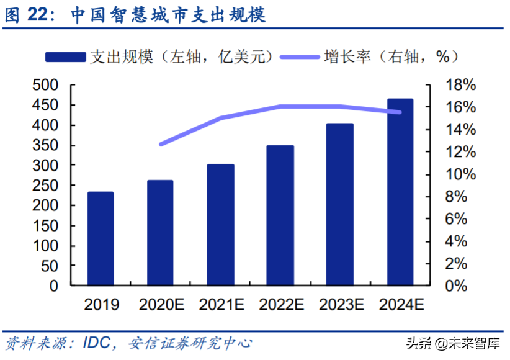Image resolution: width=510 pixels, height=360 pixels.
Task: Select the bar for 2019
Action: pyautogui.click(x=101, y=239)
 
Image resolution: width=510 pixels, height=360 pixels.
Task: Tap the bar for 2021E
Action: pyautogui.click(x=220, y=225)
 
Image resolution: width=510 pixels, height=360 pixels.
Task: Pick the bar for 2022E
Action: pyautogui.click(x=280, y=215)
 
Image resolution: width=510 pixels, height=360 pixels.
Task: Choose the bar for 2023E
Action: pyautogui.click(x=340, y=205)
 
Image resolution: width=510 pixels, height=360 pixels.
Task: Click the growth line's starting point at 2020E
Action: pyautogui.click(x=161, y=144)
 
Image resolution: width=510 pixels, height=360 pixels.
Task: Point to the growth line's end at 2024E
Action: pyautogui.click(x=400, y=112)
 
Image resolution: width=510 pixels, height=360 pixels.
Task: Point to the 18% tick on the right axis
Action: pyautogui.click(x=460, y=85)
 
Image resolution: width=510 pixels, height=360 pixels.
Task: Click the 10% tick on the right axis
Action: pyautogui.click(x=460, y=174)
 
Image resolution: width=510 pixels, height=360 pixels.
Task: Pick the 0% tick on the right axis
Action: pyautogui.click(x=457, y=286)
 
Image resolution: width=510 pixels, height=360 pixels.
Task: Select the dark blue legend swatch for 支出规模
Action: pyautogui.click(x=65, y=56)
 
